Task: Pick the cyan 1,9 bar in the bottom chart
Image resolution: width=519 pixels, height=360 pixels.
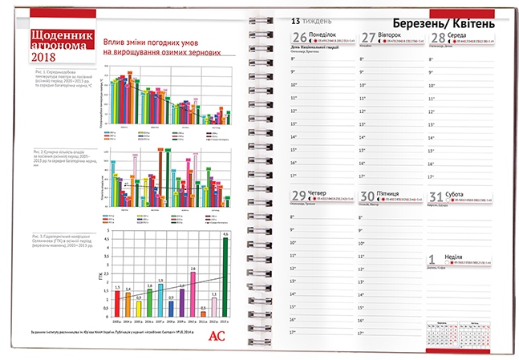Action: [160, 298]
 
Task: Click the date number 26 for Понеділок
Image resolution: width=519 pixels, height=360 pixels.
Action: [299, 38]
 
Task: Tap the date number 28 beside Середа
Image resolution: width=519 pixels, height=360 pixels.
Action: [438, 38]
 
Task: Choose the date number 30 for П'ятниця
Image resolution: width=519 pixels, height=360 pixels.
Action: [368, 196]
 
